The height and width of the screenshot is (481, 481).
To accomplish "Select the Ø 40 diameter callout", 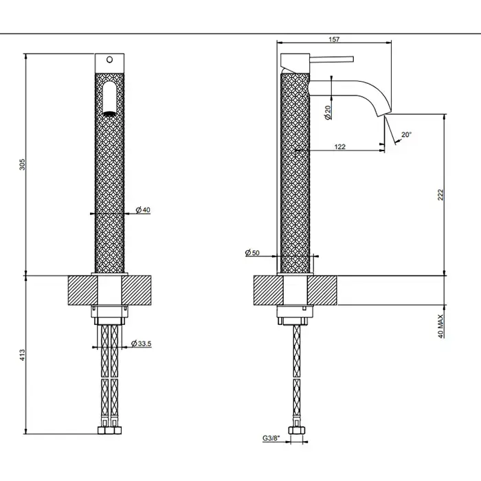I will [x=143, y=210].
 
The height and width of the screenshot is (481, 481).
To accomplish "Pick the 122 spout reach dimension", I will [x=339, y=146].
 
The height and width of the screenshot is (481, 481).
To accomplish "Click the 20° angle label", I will [x=406, y=135].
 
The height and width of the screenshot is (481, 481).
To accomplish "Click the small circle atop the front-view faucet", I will [x=109, y=60].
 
